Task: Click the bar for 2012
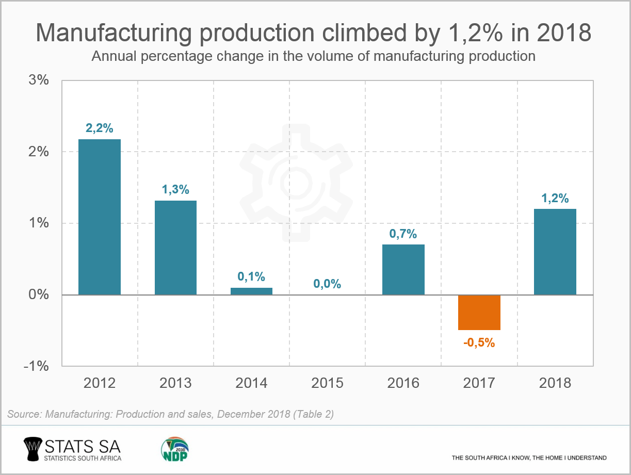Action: click(x=100, y=217)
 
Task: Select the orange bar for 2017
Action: click(x=479, y=313)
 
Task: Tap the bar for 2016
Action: click(x=403, y=269)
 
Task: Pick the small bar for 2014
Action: click(x=251, y=291)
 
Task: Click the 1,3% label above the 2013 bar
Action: click(x=175, y=189)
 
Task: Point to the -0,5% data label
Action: click(x=479, y=342)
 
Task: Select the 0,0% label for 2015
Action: click(x=327, y=284)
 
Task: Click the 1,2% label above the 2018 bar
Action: click(x=555, y=198)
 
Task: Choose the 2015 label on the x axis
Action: click(x=327, y=383)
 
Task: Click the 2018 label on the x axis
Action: click(x=555, y=383)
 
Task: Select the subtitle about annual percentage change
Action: click(x=313, y=56)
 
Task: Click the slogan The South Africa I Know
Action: click(x=529, y=457)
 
